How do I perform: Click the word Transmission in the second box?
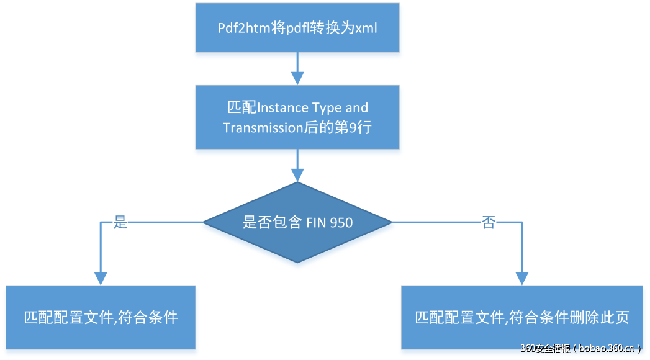(x=261, y=128)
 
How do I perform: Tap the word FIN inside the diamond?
(x=317, y=222)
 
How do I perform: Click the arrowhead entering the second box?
(x=297, y=79)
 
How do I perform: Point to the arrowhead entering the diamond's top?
(x=297, y=175)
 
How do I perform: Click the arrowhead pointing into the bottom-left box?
(x=100, y=278)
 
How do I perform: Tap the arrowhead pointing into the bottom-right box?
(x=521, y=278)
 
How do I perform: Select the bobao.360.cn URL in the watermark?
(x=607, y=349)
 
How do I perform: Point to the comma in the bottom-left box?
(x=115, y=321)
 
